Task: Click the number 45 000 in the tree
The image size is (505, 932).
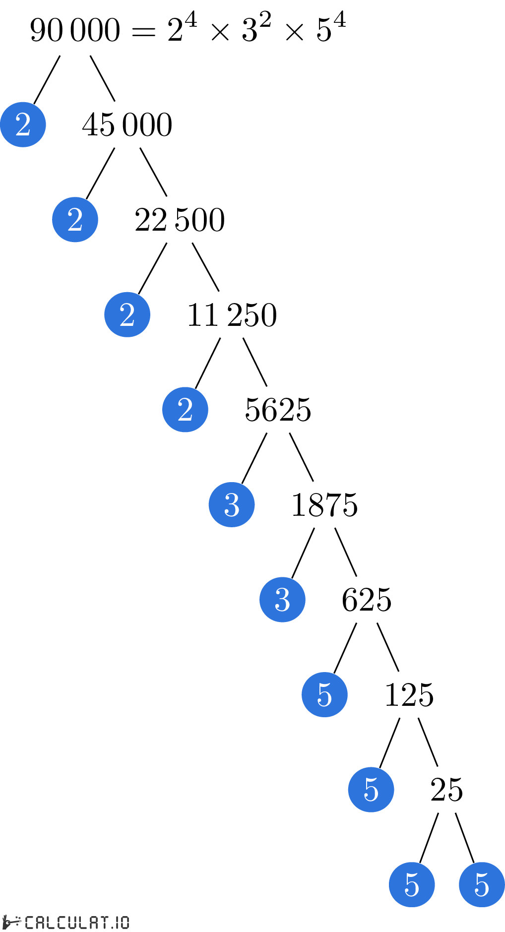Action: (x=127, y=124)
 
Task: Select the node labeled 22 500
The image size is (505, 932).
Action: (x=180, y=220)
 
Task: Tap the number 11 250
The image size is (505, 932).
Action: (x=232, y=315)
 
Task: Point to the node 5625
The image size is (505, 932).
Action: (x=278, y=410)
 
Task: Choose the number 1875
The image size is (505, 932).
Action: (x=324, y=505)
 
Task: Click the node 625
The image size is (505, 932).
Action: (x=367, y=600)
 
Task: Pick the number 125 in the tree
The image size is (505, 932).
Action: (x=409, y=695)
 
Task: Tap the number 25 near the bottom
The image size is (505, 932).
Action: (x=446, y=790)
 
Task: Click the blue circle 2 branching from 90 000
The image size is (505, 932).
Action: (x=23, y=124)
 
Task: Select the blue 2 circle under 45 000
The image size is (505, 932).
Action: (x=75, y=220)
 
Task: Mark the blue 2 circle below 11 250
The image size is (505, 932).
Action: (x=185, y=410)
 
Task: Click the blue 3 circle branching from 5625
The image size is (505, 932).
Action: (x=232, y=505)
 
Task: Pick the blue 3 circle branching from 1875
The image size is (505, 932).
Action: (x=282, y=600)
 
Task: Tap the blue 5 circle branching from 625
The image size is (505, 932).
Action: (x=324, y=694)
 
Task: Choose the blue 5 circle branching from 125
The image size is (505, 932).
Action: (x=371, y=790)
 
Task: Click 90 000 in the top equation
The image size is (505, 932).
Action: (x=75, y=30)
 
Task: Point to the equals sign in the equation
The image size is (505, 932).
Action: (x=143, y=32)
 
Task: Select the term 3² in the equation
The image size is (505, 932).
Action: (x=256, y=28)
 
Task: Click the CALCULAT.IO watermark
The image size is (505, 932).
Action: (x=66, y=923)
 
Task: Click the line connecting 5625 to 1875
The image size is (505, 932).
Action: (x=302, y=457)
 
